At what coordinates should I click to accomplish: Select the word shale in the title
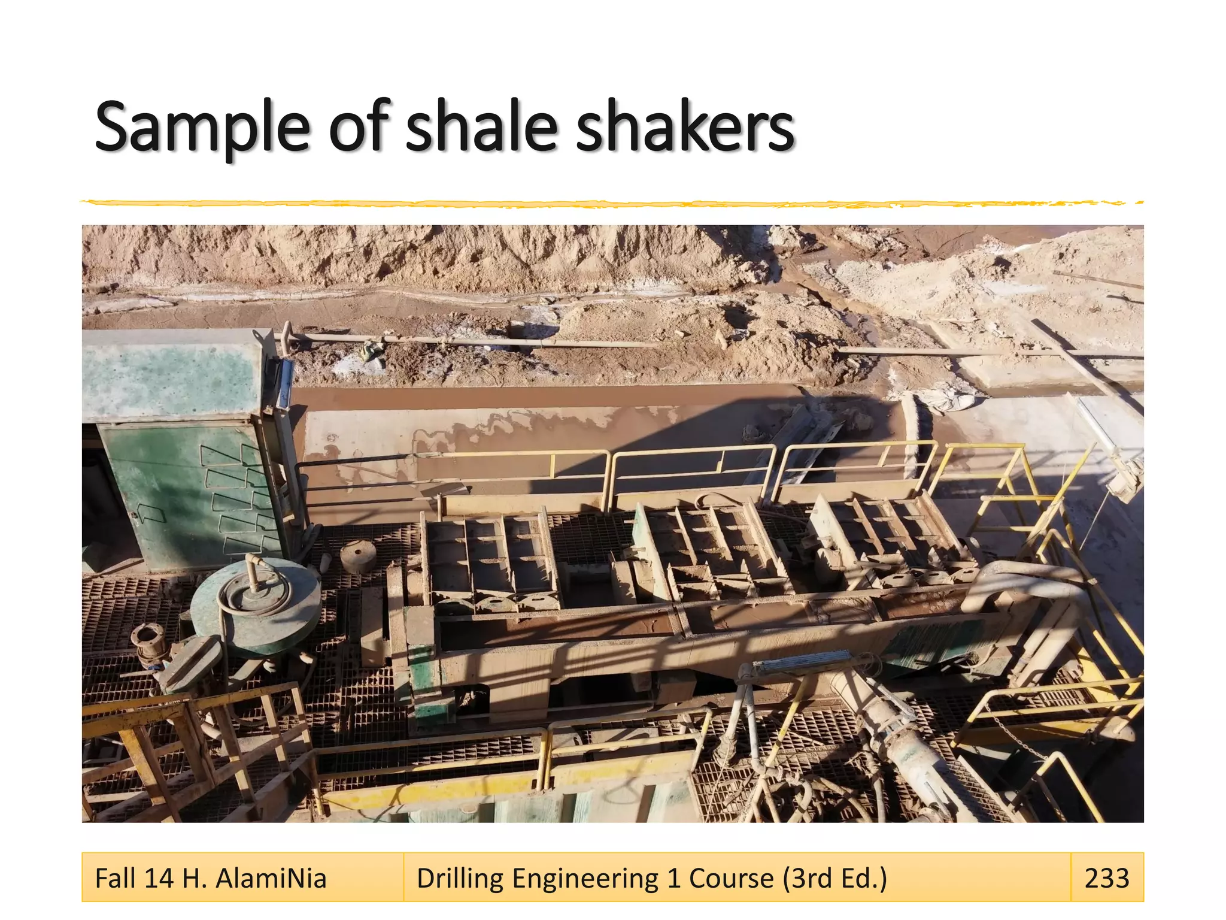[x=481, y=127]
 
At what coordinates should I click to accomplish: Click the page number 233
[x=1106, y=878]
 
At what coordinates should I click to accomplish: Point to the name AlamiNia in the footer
[x=271, y=878]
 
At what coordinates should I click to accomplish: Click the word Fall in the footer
[x=116, y=878]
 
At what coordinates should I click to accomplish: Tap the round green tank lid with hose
[x=256, y=605]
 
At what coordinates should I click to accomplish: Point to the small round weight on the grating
[x=358, y=555]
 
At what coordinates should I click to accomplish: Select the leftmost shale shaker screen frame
[x=491, y=563]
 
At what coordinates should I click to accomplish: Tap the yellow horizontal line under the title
[x=611, y=204]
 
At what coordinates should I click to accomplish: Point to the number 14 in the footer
[x=159, y=878]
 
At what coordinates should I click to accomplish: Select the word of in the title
[x=358, y=127]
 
